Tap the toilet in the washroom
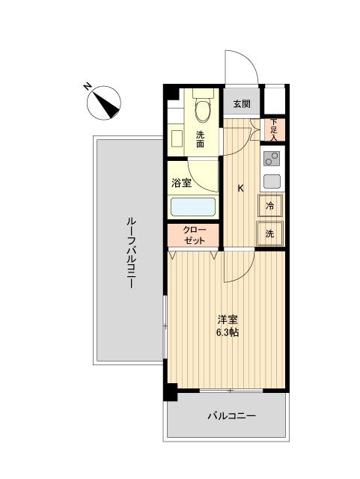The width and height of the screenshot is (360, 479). tap(202, 109)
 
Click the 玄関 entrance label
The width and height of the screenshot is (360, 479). tap(241, 104)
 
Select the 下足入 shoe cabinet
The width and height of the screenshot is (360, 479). tap(274, 130)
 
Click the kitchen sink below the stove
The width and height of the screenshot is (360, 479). tap(272, 180)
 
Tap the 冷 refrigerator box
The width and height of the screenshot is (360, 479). tap(269, 206)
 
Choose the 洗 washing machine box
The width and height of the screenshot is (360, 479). tap(269, 233)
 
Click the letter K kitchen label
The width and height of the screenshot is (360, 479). tap(240, 188)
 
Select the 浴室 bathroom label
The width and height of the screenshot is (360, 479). tap(182, 182)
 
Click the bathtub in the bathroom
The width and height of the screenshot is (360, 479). tap(192, 207)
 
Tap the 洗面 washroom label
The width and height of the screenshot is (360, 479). tap(201, 139)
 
